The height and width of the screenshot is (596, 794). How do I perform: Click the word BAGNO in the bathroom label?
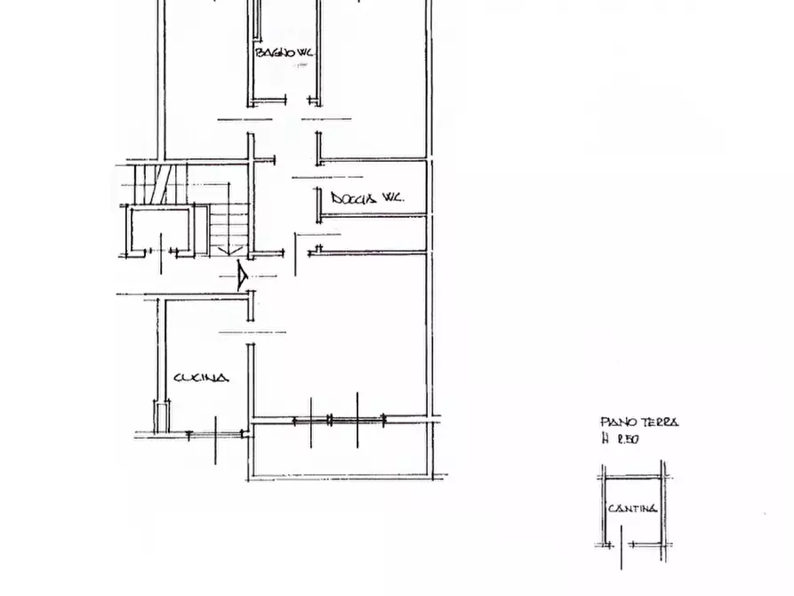[x=270, y=53]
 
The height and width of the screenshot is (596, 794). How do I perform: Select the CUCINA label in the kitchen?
[x=201, y=378]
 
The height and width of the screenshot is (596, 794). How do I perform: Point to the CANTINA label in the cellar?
[x=633, y=509]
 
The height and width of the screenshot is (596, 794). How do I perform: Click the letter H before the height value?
[x=606, y=439]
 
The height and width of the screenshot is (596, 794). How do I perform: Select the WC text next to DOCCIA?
[x=392, y=198]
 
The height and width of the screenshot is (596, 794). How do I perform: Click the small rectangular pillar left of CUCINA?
[x=162, y=416]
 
